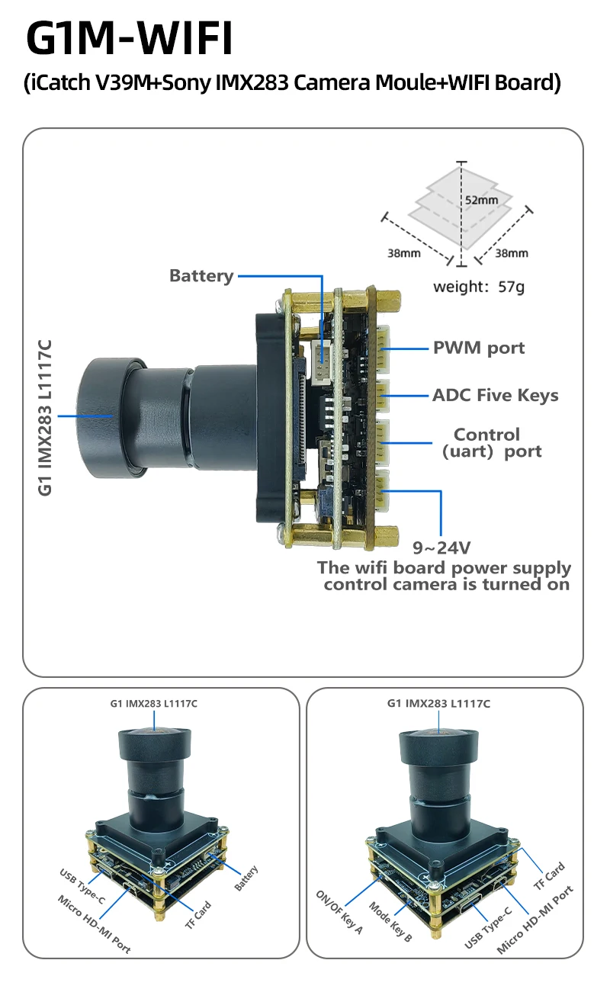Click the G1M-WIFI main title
[130, 38]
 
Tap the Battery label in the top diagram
[201, 276]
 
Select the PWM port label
[479, 348]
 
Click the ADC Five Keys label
[495, 395]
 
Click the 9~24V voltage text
[441, 547]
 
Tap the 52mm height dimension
[481, 200]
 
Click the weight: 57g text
[479, 287]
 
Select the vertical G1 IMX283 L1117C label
[46, 417]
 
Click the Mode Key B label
[390, 921]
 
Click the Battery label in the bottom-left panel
[246, 879]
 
